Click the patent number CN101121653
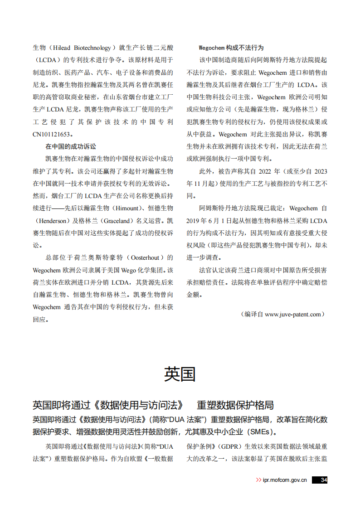tap(53, 134)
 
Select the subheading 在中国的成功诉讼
tap(70, 146)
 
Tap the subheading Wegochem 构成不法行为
tap(231, 48)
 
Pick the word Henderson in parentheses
tap(54, 220)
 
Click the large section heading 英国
tap(180, 374)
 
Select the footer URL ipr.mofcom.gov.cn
tap(284, 480)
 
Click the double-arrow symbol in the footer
tap(258, 480)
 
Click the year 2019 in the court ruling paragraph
tap(195, 221)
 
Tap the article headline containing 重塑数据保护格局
tap(153, 405)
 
